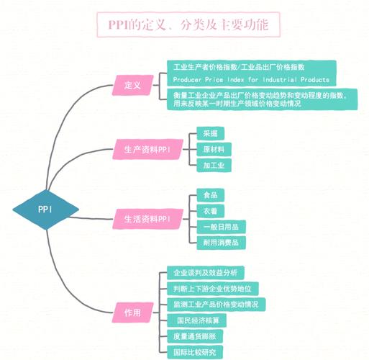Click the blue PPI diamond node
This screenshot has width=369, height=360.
click(x=45, y=210)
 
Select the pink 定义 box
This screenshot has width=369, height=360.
click(x=132, y=85)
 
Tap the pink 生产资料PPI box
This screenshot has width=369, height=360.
click(x=147, y=149)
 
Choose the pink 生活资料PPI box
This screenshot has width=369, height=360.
click(x=147, y=219)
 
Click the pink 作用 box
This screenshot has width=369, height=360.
click(x=132, y=312)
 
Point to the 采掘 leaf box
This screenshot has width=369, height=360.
click(x=211, y=133)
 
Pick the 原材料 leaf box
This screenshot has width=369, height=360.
click(x=214, y=149)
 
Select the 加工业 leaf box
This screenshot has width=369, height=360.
click(x=214, y=165)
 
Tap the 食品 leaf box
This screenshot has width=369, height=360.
click(x=211, y=195)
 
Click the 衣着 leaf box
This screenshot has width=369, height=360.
click(x=211, y=211)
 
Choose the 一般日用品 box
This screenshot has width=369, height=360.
click(x=221, y=227)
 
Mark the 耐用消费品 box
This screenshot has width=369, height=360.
click(x=221, y=243)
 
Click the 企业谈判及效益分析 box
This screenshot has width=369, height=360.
click(x=206, y=273)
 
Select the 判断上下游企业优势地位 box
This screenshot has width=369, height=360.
click(x=212, y=289)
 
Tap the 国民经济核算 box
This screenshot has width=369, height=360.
click(x=196, y=320)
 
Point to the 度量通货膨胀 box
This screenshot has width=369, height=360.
click(x=195, y=336)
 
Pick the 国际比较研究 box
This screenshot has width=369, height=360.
click(x=195, y=352)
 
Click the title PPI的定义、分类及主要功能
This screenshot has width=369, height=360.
click(x=188, y=24)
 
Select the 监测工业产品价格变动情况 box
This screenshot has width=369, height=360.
click(x=216, y=305)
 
